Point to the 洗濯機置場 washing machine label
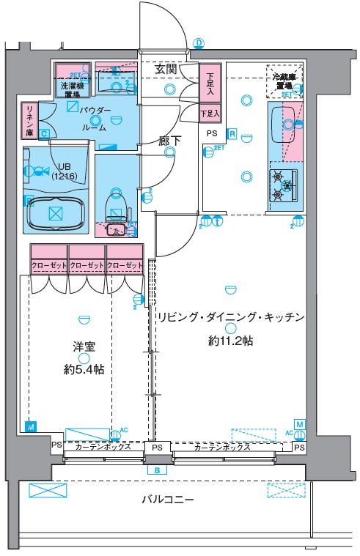pos(71,88)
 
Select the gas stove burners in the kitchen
pos(282,185)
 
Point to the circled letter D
pos(198,43)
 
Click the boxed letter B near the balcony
pos(156,470)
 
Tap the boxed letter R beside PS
pos(231,133)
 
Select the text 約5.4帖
pos(83,370)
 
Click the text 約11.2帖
pos(229,341)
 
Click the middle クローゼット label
pos(87,265)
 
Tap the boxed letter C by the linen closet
pos(45,133)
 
